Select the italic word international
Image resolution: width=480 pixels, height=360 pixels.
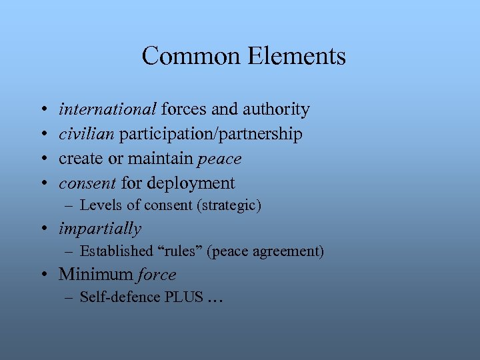click(108, 109)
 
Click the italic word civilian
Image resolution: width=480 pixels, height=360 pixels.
click(87, 134)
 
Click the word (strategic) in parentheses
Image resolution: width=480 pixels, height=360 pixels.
click(228, 205)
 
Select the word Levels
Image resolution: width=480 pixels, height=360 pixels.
click(99, 205)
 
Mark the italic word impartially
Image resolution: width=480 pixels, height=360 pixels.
click(100, 229)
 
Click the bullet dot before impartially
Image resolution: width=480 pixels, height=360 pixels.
click(49, 229)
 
